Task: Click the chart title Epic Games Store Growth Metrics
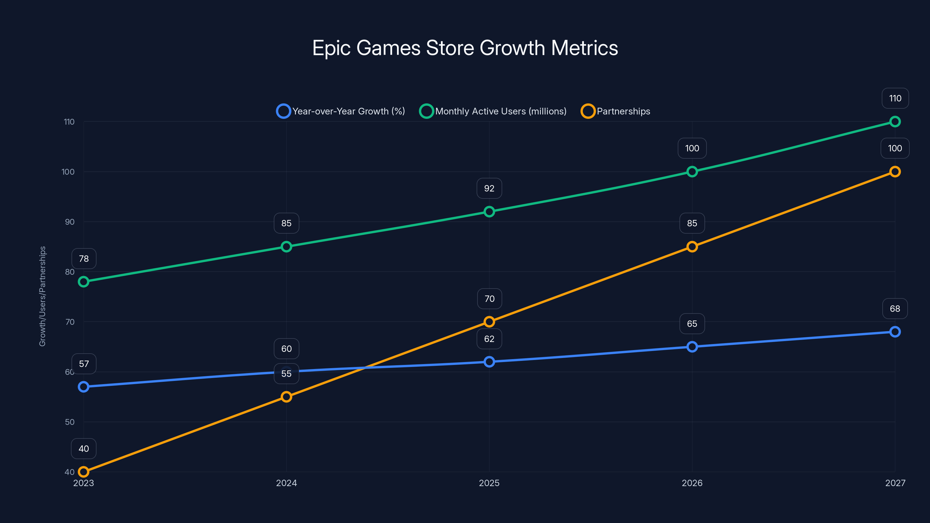[465, 48]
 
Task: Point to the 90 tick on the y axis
[69, 222]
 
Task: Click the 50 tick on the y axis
[69, 422]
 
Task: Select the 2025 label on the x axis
[489, 483]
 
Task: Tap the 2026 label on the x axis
[692, 483]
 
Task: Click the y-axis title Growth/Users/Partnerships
[43, 296]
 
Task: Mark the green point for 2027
[895, 122]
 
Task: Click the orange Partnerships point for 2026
[692, 247]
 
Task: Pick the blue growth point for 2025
[489, 362]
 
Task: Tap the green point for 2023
[84, 282]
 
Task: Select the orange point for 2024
[286, 397]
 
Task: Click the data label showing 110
[895, 98]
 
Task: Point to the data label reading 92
[489, 188]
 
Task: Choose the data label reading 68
[895, 309]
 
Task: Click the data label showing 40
[84, 449]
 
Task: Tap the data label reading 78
[84, 259]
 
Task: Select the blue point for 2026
[692, 347]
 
